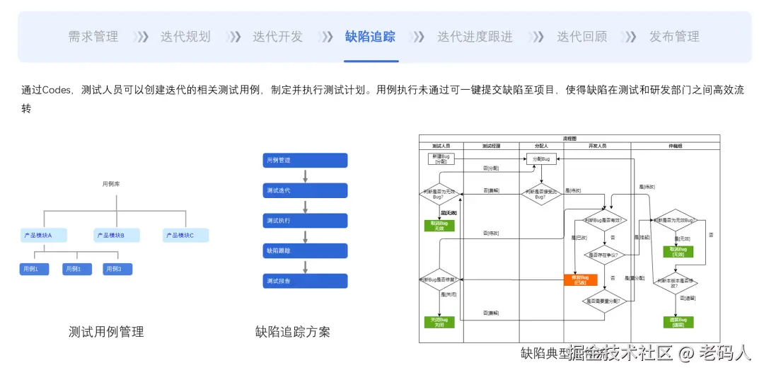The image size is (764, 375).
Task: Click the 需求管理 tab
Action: (x=93, y=37)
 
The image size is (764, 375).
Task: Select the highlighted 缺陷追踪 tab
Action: (x=370, y=37)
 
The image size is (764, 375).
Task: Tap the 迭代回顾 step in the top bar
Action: (x=581, y=37)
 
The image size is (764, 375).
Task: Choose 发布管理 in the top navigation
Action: (x=674, y=37)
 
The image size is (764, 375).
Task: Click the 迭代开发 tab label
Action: (x=277, y=37)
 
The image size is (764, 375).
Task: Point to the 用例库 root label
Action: (x=111, y=184)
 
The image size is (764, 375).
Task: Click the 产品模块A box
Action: (x=44, y=236)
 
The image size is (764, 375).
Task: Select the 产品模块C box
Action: (x=185, y=236)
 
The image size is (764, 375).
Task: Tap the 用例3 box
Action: (x=117, y=269)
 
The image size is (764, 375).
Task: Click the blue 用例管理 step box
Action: (x=305, y=161)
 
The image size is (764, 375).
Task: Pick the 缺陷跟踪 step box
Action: (x=305, y=250)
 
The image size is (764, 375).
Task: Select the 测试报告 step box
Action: (x=305, y=281)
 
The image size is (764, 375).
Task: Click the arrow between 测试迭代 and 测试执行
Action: (x=305, y=206)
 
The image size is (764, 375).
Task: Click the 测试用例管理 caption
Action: (x=106, y=331)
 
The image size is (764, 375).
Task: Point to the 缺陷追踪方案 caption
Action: (x=292, y=331)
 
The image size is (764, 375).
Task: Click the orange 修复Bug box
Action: (x=580, y=279)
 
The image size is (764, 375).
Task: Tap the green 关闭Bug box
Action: (x=439, y=322)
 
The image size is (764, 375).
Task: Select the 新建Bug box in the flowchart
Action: (x=441, y=158)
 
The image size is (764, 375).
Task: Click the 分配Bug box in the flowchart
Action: (x=540, y=159)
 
